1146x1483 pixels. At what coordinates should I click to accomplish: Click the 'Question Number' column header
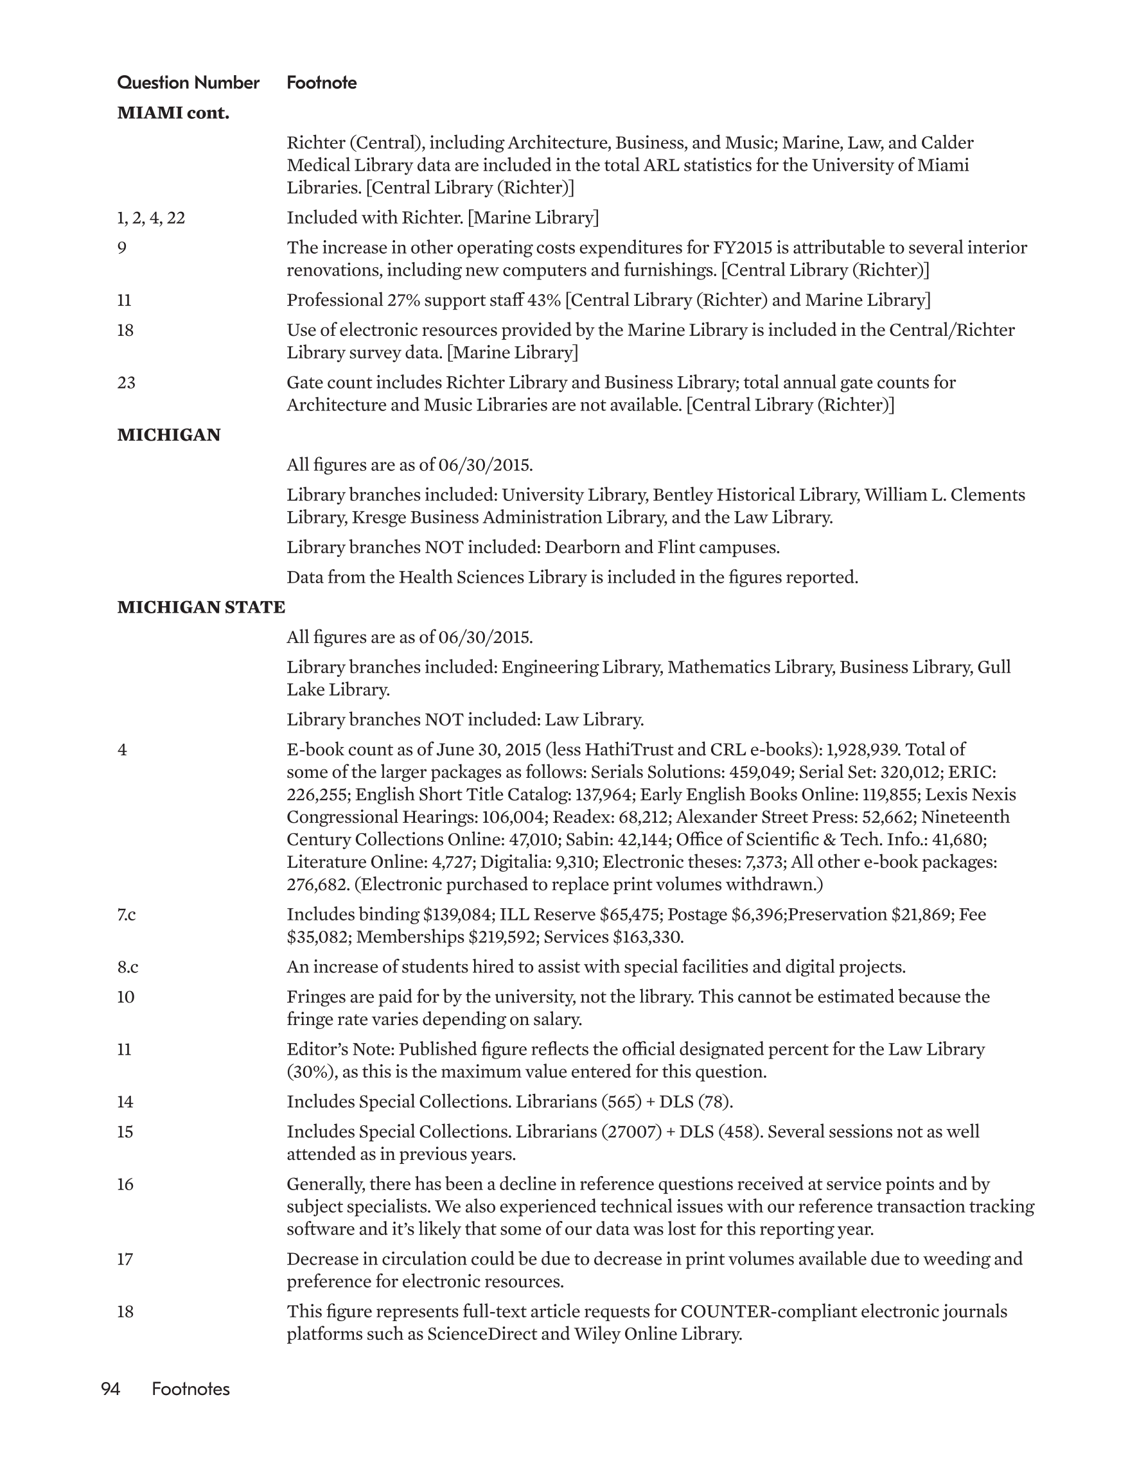coord(188,83)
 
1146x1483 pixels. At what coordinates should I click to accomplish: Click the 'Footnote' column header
coord(321,83)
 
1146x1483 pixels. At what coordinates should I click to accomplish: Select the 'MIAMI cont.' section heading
coord(173,114)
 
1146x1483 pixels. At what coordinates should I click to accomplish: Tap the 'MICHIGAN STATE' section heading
coord(201,607)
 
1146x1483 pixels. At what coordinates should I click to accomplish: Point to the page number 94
coord(110,1389)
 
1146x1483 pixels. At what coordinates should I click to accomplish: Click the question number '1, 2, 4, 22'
coord(151,218)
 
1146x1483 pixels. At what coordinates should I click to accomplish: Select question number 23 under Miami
coord(127,383)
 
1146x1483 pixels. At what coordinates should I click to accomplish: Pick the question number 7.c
coord(127,915)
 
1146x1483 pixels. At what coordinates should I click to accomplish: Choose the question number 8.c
coord(128,967)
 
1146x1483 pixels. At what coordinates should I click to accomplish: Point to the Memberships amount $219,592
coord(502,937)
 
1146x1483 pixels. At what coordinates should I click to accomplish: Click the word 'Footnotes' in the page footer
coord(191,1389)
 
